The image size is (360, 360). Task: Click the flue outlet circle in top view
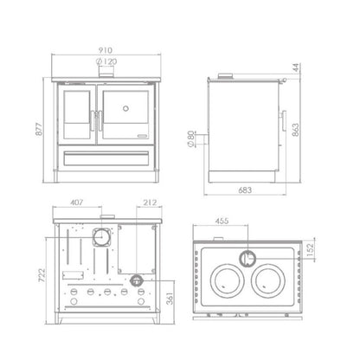249,257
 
